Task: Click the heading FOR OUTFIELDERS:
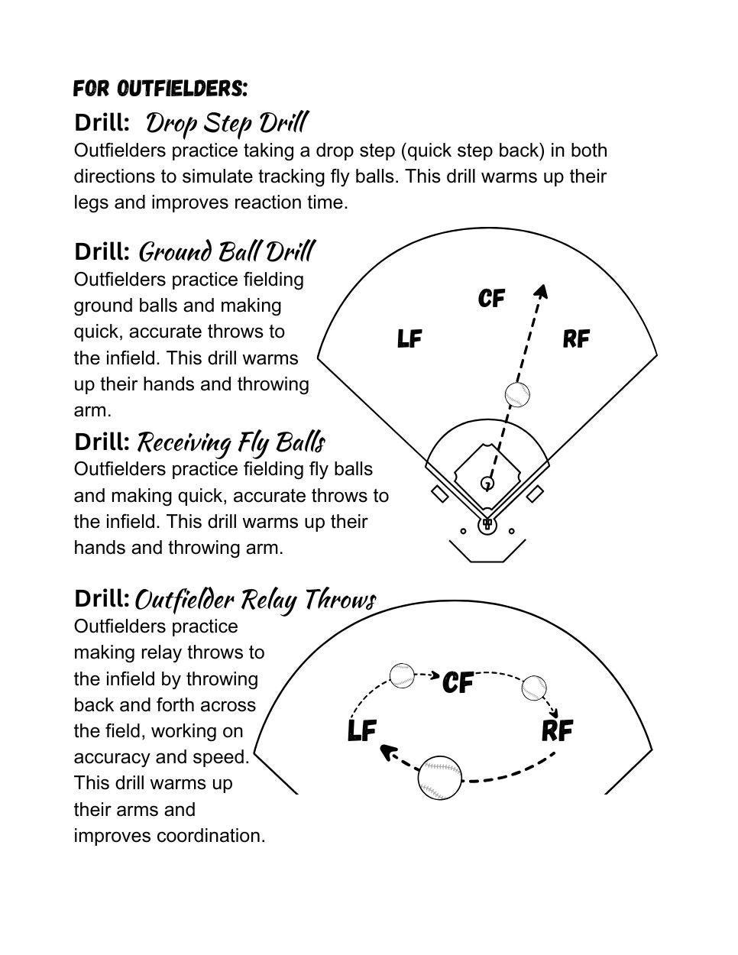160,89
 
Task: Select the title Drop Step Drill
226,122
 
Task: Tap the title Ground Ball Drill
226,251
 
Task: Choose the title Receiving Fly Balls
231,442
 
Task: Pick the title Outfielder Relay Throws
255,599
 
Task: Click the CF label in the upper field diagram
491,298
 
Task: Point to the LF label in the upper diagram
409,338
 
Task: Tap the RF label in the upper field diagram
576,338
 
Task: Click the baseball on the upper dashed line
517,395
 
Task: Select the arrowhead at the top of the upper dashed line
542,291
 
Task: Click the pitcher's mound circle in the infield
487,483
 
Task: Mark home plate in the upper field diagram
487,524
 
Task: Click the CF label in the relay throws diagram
458,681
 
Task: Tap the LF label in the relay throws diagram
362,730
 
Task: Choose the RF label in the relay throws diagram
557,730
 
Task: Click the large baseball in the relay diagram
440,778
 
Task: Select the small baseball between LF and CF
402,675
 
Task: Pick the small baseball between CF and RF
534,688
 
